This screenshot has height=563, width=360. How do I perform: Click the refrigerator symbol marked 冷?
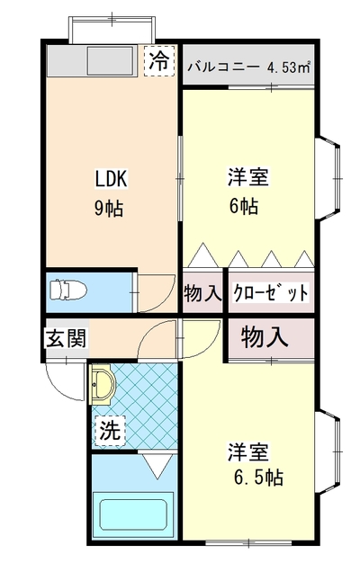(159, 60)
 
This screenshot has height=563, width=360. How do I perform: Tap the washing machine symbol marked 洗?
(110, 431)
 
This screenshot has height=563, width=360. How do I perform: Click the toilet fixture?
(68, 290)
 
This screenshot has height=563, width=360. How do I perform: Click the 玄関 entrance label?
(67, 338)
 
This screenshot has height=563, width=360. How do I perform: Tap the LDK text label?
(111, 178)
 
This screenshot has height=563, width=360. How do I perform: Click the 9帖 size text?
(109, 209)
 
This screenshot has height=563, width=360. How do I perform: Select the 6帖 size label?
(244, 207)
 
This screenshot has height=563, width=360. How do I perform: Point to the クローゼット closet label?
(271, 292)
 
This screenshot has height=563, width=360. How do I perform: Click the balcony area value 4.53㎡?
(288, 67)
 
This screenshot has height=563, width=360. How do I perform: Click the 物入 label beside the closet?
(202, 292)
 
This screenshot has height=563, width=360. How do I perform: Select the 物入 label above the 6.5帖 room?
(265, 337)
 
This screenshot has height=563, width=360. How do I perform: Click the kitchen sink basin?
(111, 60)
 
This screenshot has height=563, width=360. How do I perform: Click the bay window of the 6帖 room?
(328, 178)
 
